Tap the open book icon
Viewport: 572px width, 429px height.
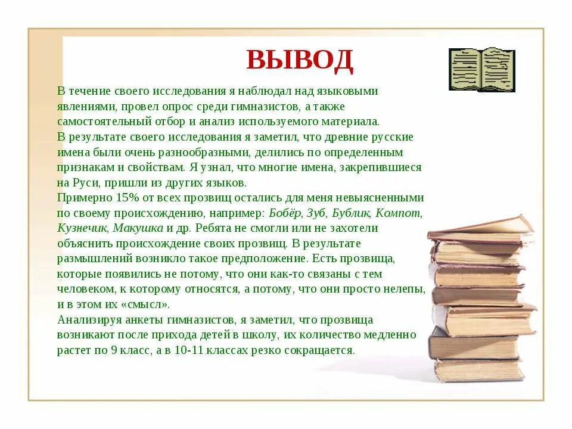pos(482,70)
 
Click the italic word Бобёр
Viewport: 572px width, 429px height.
pos(286,213)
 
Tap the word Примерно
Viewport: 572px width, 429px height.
pos(80,198)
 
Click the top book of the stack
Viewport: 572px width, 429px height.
pos(480,226)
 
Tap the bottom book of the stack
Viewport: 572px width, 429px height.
pos(479,369)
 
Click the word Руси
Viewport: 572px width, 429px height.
pos(86,182)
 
